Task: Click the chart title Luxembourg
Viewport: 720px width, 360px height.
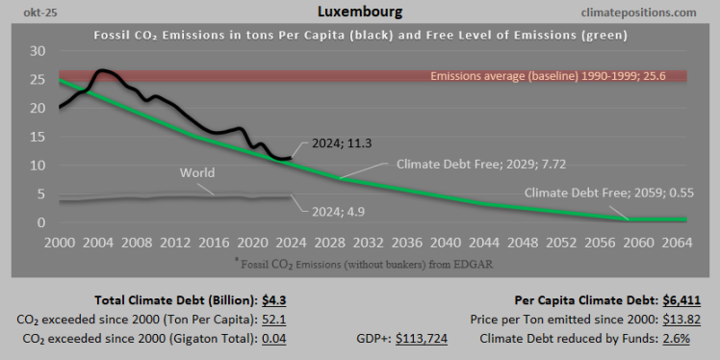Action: [x=359, y=13]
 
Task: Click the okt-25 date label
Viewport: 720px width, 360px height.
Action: [x=36, y=13]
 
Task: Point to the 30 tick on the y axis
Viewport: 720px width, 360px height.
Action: [x=38, y=50]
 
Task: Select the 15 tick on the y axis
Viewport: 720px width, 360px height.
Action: [x=38, y=137]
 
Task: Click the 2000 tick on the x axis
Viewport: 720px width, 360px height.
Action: [x=60, y=242]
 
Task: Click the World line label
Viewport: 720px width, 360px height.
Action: [x=197, y=173]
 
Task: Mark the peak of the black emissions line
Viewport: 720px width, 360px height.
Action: [x=103, y=70]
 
